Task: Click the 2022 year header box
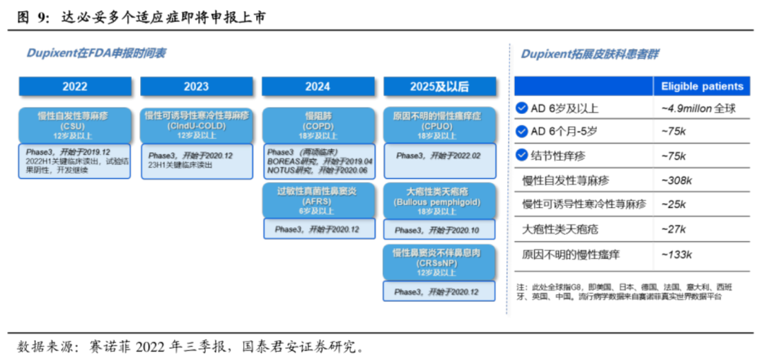75,86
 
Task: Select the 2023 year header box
197,86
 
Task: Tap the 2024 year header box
318,86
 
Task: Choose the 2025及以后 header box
439,86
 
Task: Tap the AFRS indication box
318,200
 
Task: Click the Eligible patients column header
702,86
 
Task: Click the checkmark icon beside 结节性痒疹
522,156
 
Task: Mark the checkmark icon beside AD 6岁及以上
522,108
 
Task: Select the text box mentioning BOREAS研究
318,162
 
